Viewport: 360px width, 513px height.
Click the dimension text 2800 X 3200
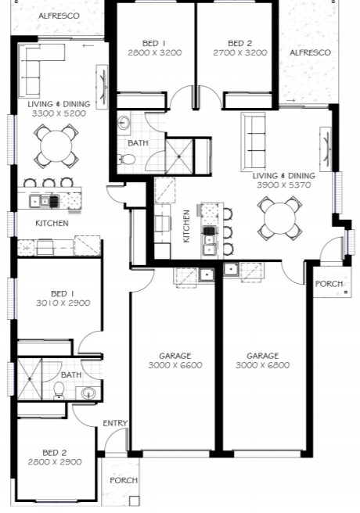(x=153, y=53)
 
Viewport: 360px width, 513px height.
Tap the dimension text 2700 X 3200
(x=239, y=53)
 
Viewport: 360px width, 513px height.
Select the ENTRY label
(x=115, y=423)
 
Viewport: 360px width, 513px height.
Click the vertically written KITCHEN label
(x=186, y=225)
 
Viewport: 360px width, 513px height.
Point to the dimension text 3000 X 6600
(x=175, y=365)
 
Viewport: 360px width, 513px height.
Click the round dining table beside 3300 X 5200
(x=56, y=145)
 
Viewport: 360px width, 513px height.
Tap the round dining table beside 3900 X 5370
(x=281, y=217)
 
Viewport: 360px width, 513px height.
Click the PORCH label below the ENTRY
(x=123, y=480)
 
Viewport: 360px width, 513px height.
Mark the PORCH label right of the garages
(x=328, y=283)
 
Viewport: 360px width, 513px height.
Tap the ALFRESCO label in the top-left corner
(x=55, y=16)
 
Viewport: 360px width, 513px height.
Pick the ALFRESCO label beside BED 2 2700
(x=310, y=52)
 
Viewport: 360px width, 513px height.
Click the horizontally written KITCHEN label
(x=52, y=224)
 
